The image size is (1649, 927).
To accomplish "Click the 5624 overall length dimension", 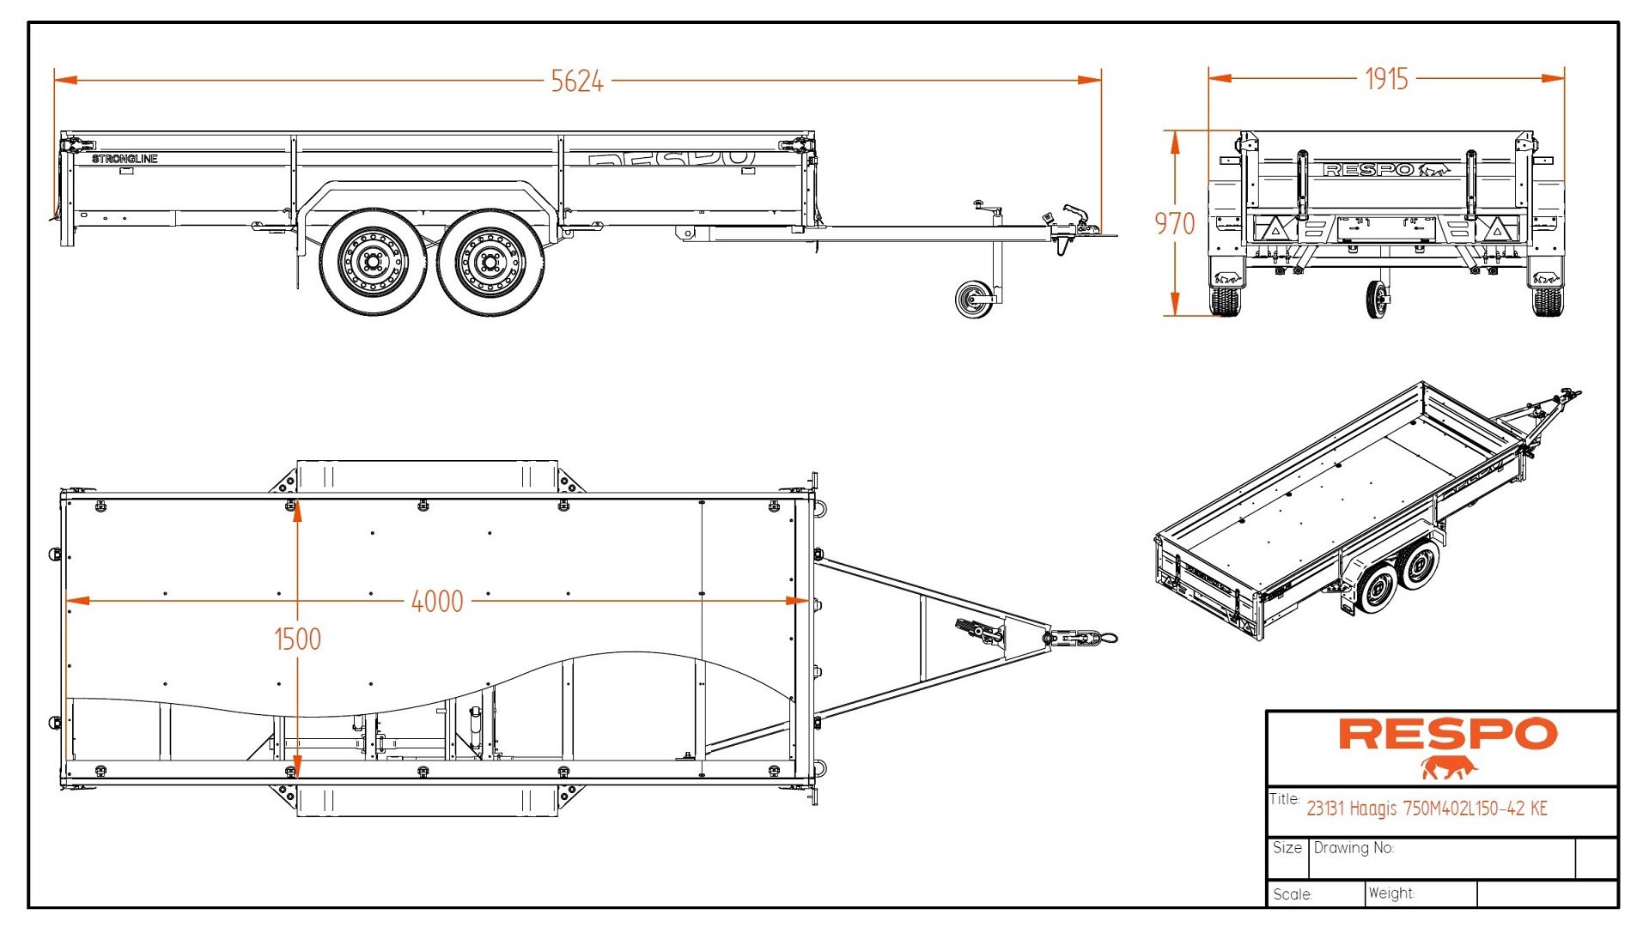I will click(577, 82).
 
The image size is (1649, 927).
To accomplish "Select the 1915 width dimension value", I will click(1386, 79).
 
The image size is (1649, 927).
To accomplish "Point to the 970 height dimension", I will click(1174, 224).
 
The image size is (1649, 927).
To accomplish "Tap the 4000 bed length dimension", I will click(437, 602).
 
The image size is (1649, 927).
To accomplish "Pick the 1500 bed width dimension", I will click(297, 639).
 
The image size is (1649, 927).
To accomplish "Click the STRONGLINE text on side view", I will click(125, 159).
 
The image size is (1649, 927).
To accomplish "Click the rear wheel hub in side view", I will click(373, 261).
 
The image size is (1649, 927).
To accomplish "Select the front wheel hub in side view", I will click(490, 261).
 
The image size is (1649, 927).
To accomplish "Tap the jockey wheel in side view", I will click(973, 299).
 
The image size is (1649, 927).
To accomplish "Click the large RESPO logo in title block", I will click(1447, 735).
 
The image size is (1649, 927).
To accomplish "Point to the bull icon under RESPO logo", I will click(1449, 767).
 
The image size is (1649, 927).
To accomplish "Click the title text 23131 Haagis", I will click(1427, 809).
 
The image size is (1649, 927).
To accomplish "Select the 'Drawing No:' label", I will click(1354, 848).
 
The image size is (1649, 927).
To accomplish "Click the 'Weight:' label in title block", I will click(1391, 894).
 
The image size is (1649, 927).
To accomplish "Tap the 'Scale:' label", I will click(1293, 894).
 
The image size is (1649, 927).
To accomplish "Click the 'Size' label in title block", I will click(1287, 848).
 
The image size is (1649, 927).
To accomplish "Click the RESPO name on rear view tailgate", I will click(1368, 170).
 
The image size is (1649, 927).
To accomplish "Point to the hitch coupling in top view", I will click(1080, 638).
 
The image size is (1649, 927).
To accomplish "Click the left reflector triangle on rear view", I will click(1276, 228).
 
